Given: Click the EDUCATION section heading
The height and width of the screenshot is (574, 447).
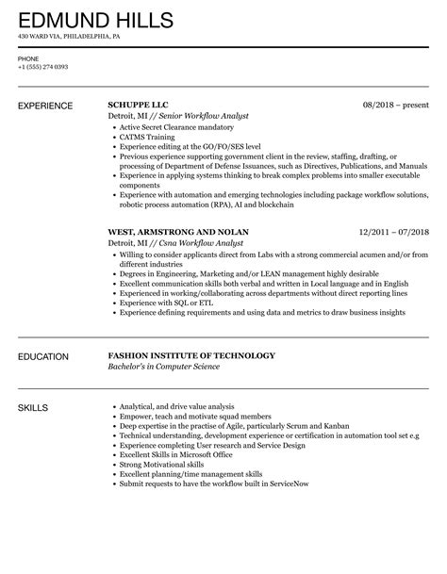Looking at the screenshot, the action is [44, 356].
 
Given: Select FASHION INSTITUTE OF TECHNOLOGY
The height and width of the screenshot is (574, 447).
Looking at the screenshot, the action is [191, 355].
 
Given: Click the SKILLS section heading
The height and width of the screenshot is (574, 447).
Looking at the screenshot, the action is [34, 408].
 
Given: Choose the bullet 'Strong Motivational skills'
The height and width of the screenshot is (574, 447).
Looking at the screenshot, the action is [161, 464].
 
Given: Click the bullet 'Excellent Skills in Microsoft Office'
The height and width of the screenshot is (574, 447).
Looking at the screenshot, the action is [176, 455].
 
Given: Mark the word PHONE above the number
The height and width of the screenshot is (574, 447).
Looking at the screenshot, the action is [28, 57].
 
